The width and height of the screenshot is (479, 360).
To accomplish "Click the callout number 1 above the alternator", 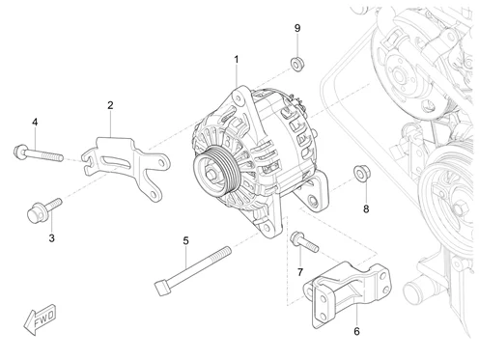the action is coord(237,60).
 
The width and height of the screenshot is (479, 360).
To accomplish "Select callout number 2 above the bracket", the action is coord(110,105).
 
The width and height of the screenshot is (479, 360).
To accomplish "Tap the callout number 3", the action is coord(51,238).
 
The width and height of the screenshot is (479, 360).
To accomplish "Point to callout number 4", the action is coord(35,122).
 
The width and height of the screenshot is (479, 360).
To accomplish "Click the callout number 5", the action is coord(185,240).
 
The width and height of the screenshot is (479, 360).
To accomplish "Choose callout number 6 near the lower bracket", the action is coord(356,331).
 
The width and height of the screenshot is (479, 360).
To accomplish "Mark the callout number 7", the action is coord(300,272).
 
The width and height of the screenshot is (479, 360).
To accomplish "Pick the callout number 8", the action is coord(366,209).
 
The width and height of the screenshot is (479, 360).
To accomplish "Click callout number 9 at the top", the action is coord(297,28).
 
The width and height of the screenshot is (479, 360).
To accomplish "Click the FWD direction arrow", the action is coord(40,318).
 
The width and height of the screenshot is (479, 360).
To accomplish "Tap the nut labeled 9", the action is coord(297,64).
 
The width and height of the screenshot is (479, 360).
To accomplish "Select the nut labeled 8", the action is coord(362,173).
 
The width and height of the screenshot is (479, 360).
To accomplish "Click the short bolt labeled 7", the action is coord(304,242).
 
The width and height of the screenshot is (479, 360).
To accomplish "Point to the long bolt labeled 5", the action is coord(193,271).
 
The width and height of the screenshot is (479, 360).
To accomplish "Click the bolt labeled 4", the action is coord(39,153).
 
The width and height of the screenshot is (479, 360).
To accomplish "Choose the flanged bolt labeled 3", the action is coord(43,210).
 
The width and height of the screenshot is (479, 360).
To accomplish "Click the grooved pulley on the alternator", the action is coord(216,172).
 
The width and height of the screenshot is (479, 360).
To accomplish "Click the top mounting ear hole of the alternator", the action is coord(238,97).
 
